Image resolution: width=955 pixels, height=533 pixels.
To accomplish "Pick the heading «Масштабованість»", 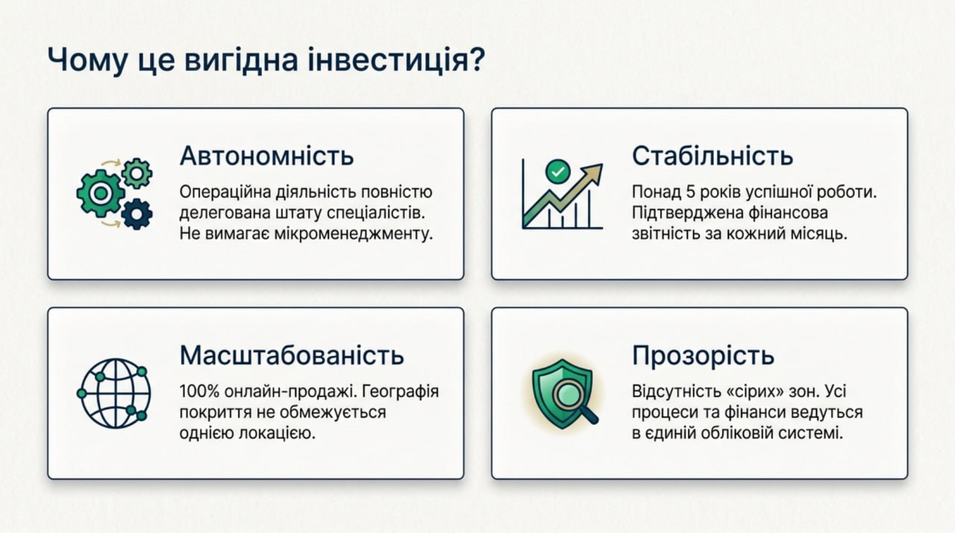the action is (292, 355).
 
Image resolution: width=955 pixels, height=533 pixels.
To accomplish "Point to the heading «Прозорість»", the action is (703, 355).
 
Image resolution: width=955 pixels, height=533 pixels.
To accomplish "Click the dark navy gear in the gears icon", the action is (137, 214).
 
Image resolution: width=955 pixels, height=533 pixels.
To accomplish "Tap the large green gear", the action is (101, 193).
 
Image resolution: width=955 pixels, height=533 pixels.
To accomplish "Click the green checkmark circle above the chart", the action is (557, 172).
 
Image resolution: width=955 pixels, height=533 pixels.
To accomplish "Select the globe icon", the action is (114, 393).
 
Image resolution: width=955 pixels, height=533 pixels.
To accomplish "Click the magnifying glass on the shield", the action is (574, 402).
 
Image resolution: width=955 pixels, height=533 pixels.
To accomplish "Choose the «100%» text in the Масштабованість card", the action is (199, 391).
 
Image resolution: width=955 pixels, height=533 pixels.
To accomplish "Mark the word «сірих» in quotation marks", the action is (754, 391).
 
